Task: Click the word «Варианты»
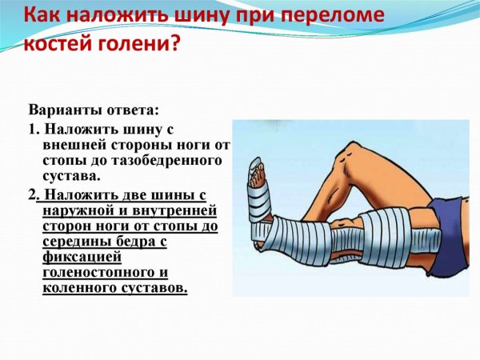[63, 110]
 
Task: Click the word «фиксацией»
[82, 258]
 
